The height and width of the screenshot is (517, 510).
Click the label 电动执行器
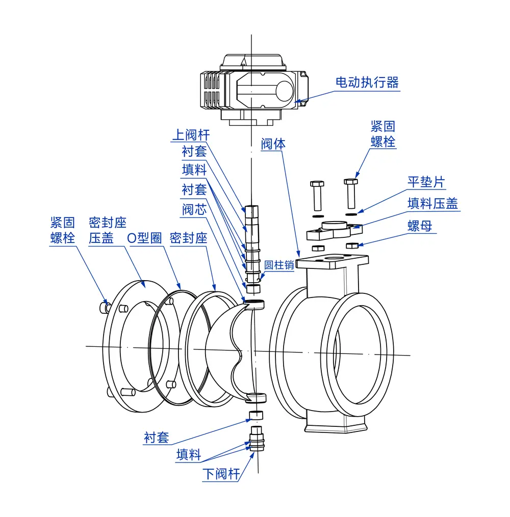[x=367, y=83]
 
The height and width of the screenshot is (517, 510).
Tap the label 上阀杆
[x=191, y=135]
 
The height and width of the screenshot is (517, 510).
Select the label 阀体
[x=273, y=144]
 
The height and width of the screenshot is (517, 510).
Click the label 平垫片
[x=426, y=182]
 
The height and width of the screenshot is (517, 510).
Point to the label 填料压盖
[x=433, y=203]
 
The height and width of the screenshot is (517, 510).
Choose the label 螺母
[x=420, y=226]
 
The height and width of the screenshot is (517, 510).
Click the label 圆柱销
[x=279, y=265]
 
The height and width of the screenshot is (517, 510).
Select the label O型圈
[x=144, y=238]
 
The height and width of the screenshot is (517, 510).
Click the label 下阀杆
[x=221, y=474]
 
